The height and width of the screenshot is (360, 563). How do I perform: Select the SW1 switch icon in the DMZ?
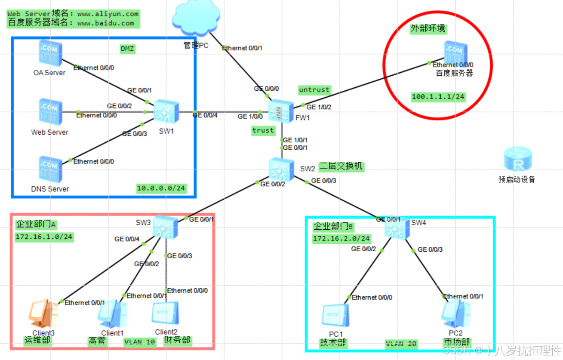click(166, 112)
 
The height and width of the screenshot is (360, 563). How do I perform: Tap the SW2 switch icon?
click(281, 169)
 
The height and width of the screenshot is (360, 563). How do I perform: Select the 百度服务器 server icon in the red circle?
click(455, 52)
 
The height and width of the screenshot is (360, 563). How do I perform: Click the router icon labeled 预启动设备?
click(518, 160)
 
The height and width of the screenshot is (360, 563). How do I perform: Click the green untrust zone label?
click(314, 90)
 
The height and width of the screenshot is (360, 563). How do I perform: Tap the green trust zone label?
click(263, 130)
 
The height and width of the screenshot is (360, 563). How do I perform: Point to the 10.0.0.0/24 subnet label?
click(161, 188)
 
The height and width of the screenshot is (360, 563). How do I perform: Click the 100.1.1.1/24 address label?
click(438, 97)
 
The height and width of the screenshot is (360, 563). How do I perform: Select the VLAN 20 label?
click(401, 344)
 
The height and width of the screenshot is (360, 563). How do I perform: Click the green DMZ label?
click(127, 49)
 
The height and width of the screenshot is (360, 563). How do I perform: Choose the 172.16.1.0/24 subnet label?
click(43, 237)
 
